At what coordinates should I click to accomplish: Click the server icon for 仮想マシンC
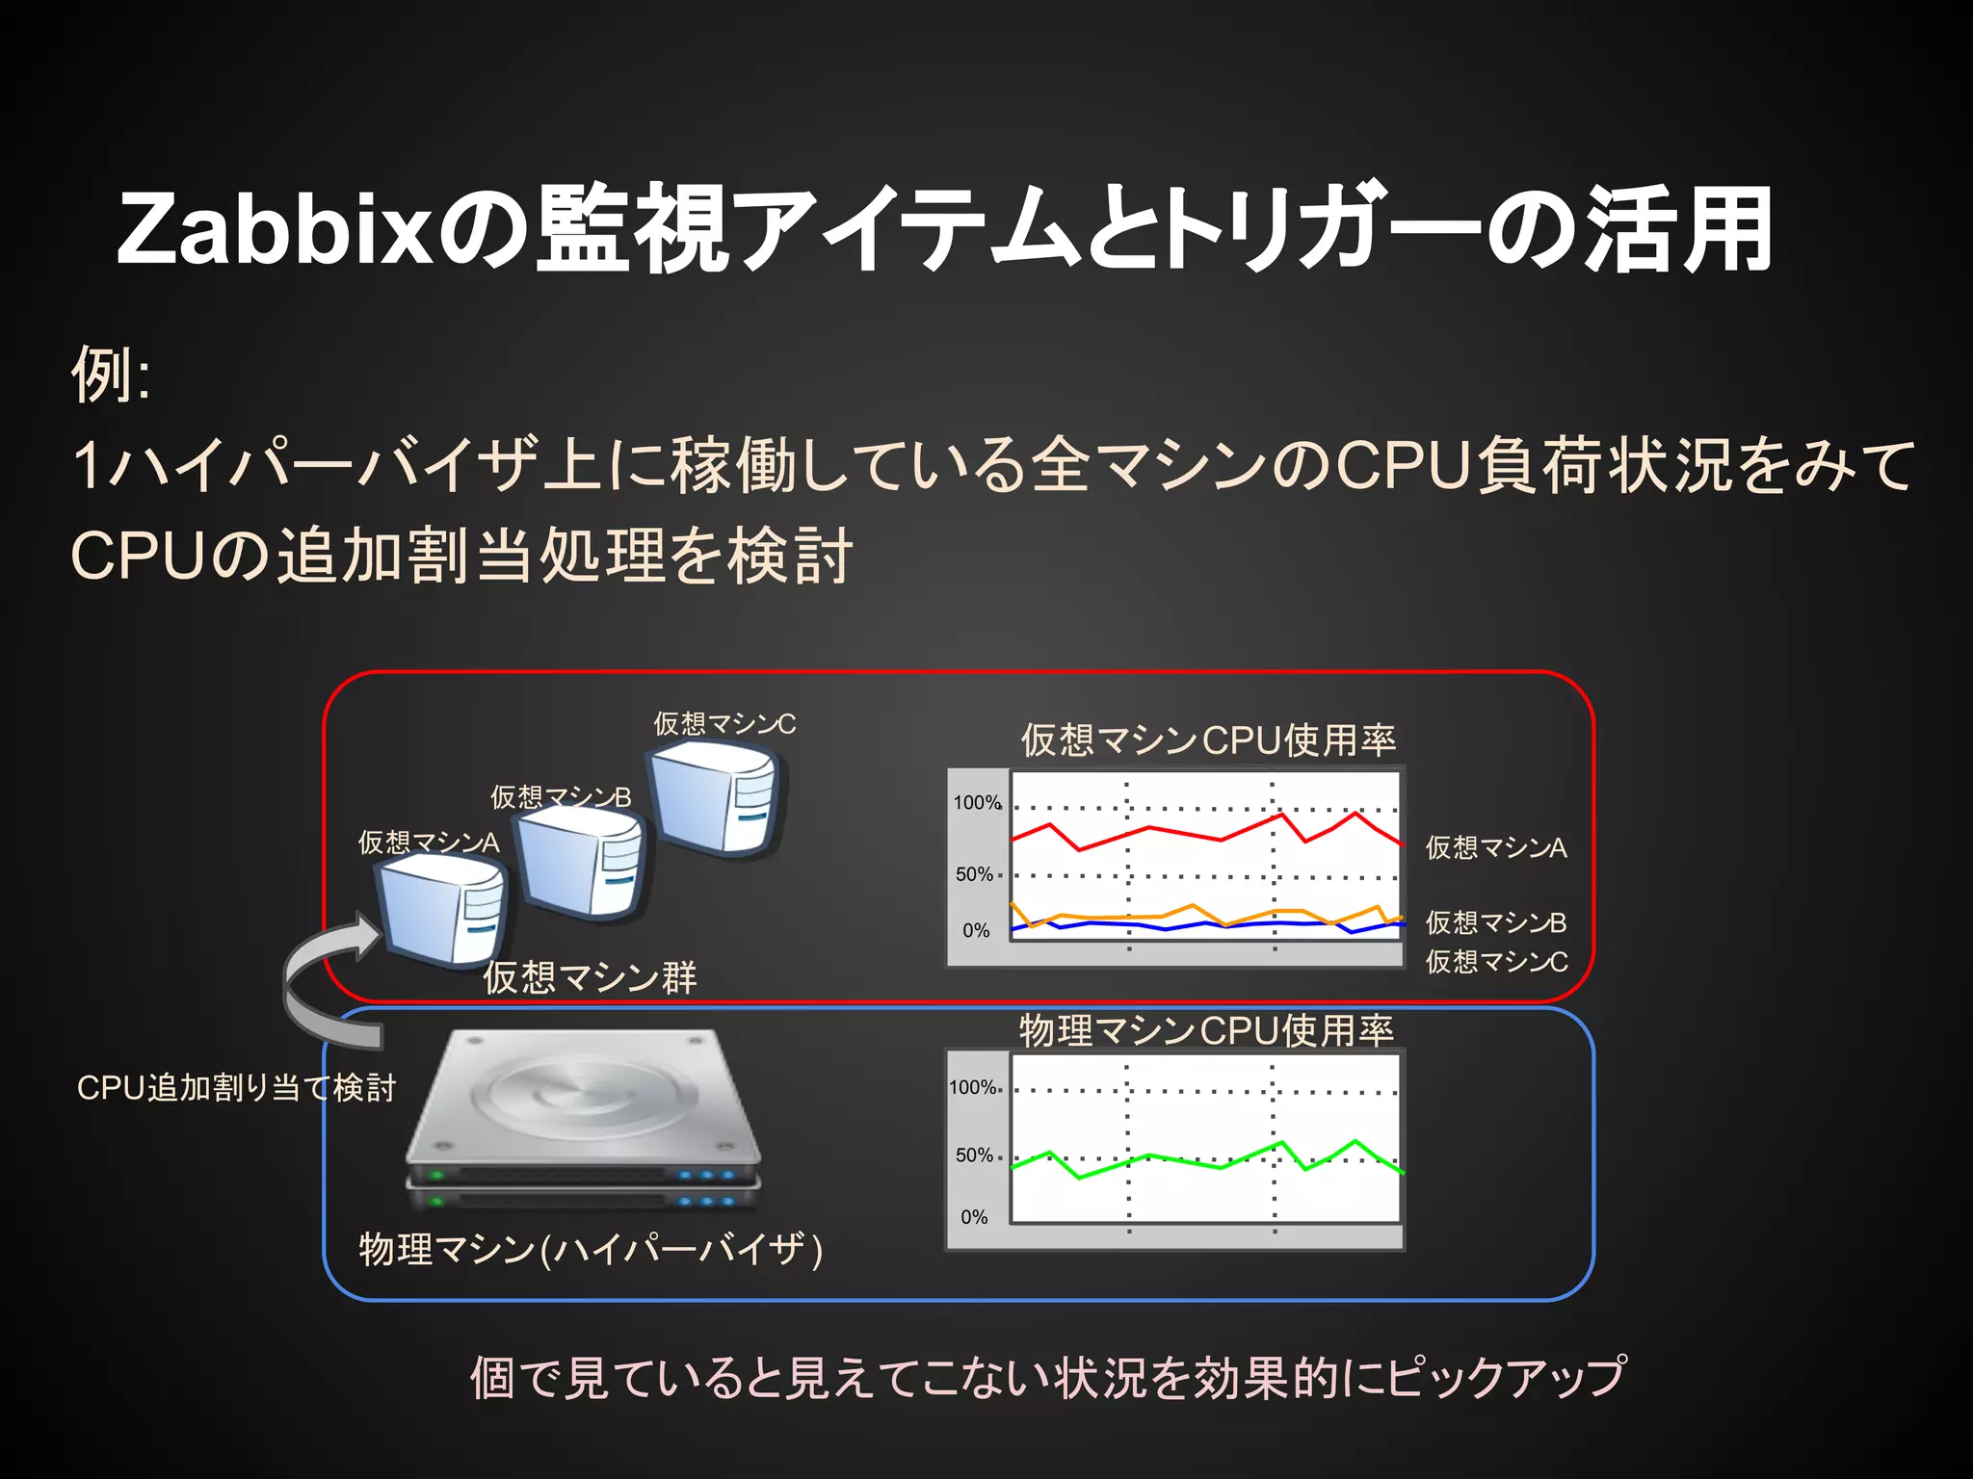(716, 801)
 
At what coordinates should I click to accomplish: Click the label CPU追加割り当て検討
(236, 1088)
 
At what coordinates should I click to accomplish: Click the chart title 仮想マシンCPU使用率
(1208, 740)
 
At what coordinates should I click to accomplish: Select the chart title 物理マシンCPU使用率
(1206, 1030)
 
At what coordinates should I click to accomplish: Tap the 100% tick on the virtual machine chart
(976, 803)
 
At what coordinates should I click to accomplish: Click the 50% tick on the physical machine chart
(974, 1155)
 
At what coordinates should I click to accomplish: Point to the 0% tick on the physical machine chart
(974, 1217)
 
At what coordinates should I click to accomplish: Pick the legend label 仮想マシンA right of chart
(1496, 847)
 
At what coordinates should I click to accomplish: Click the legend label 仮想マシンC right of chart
(1496, 961)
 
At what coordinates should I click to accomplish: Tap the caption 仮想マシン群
(590, 977)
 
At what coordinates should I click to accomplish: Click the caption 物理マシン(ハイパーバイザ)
(590, 1250)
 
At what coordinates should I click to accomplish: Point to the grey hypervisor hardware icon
(583, 1117)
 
